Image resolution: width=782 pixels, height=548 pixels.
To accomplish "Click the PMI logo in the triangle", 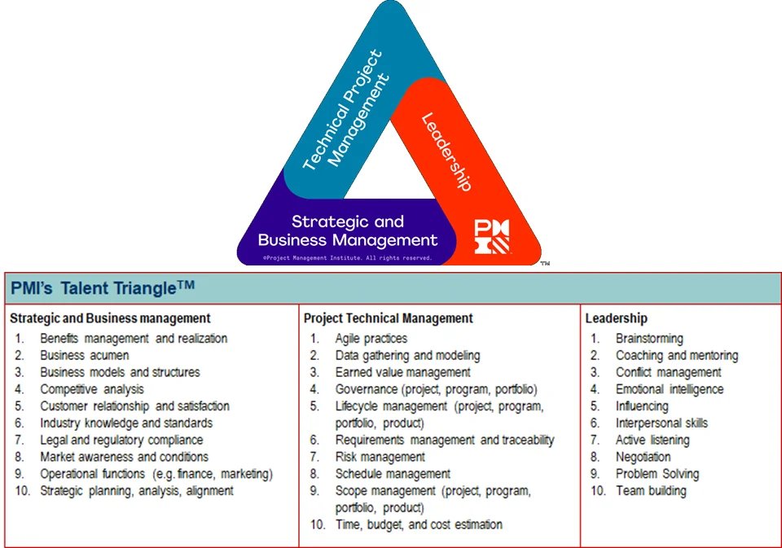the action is (492, 236).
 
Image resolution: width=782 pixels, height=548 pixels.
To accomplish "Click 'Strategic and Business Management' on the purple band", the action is (348, 230).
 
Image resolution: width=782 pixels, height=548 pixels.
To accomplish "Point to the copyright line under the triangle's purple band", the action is (347, 257).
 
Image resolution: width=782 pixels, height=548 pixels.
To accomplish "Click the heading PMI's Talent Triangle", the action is (103, 288).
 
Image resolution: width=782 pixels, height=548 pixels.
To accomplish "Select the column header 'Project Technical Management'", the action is (389, 318).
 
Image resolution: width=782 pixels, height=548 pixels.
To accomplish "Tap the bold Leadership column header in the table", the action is (617, 318).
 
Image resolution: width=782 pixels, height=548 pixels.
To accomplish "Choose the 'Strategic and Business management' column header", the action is (111, 318).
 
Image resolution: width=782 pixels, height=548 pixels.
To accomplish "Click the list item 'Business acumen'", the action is (85, 355).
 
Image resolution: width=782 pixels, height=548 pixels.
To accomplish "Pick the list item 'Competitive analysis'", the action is (92, 389).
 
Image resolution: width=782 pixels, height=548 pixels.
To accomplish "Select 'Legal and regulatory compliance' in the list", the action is (121, 440).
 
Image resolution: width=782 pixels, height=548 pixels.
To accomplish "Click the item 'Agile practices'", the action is (371, 338).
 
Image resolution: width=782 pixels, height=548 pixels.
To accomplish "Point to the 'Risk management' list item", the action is (380, 457).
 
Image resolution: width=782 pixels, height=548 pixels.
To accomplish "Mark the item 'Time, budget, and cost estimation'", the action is (419, 524).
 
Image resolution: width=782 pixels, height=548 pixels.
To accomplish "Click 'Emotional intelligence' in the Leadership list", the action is (670, 389).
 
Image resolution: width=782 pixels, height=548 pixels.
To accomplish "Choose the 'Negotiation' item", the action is (644, 457).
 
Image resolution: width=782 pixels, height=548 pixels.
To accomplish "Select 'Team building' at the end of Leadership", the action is (651, 491).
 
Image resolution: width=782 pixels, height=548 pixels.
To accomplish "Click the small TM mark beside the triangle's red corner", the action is (546, 263).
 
